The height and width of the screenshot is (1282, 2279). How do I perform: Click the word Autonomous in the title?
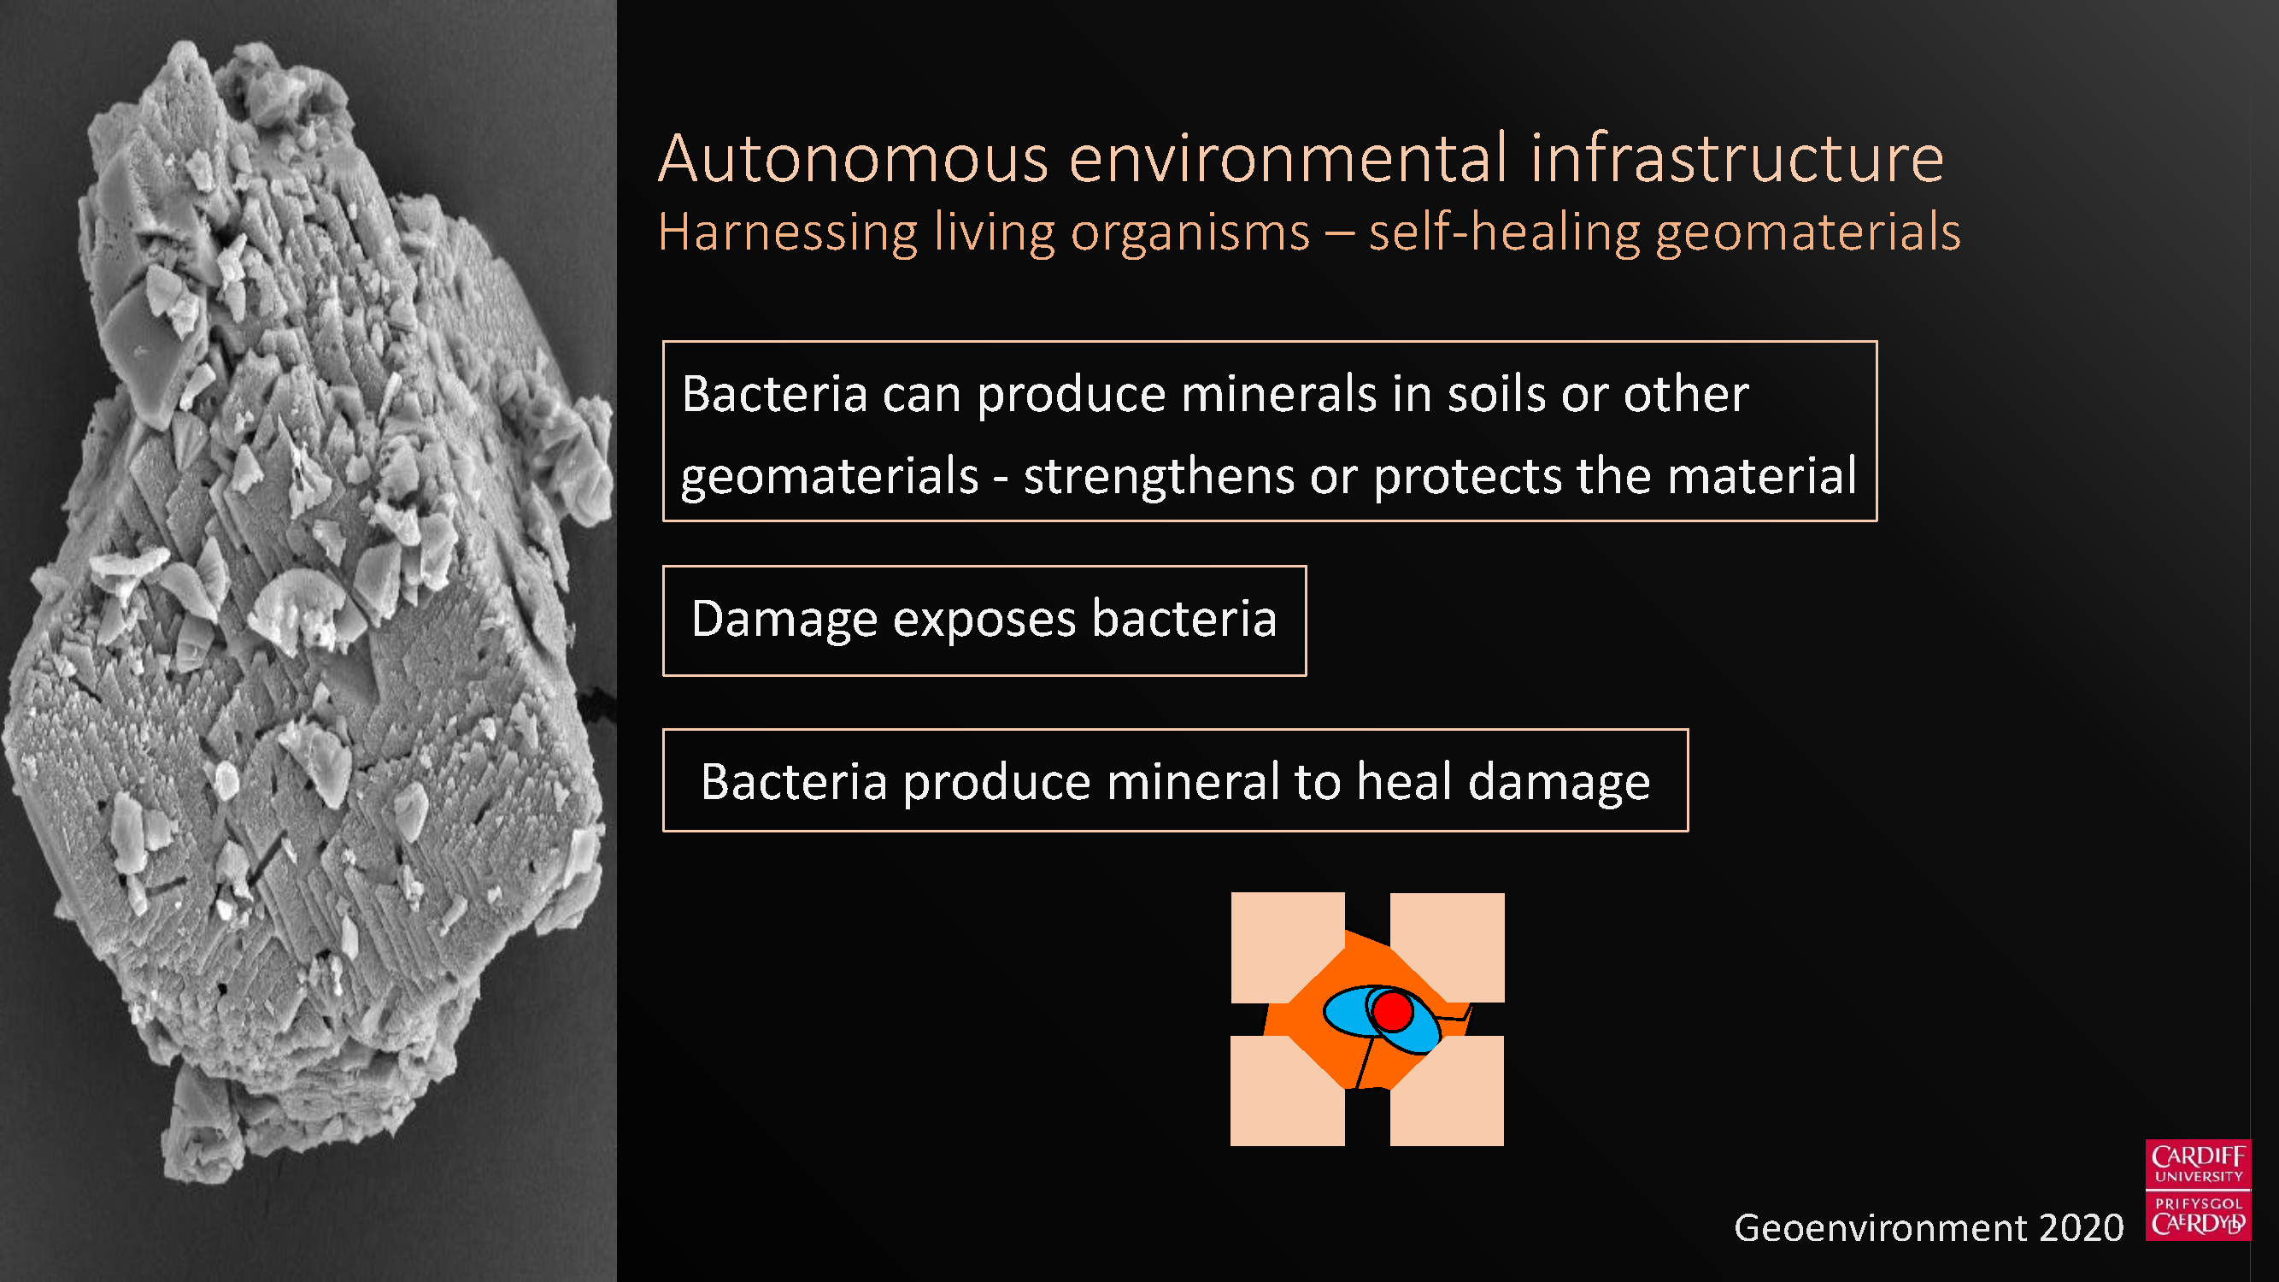(854, 159)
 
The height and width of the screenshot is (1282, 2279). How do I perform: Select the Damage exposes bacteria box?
(984, 620)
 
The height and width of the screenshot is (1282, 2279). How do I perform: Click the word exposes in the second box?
(984, 620)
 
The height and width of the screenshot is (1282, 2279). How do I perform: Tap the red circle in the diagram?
(1393, 1012)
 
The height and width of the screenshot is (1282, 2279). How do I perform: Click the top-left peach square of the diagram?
(1287, 947)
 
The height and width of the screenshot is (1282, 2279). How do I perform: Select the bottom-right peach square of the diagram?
(1447, 1090)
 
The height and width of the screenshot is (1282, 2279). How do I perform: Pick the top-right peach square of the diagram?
(1447, 947)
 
